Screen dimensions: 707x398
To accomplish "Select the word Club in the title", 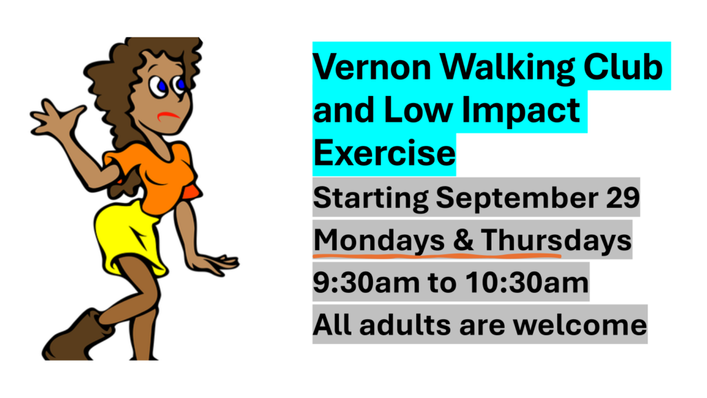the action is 623,67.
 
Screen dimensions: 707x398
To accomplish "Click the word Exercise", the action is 384,153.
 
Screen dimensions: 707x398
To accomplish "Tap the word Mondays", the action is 379,240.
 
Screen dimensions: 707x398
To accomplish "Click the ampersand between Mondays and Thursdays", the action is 463,240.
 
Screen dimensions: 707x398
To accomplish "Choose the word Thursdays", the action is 556,240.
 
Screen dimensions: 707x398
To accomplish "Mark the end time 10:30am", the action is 527,283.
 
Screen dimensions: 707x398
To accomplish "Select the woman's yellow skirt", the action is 128,239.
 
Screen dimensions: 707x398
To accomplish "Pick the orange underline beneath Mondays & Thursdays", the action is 437,256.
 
